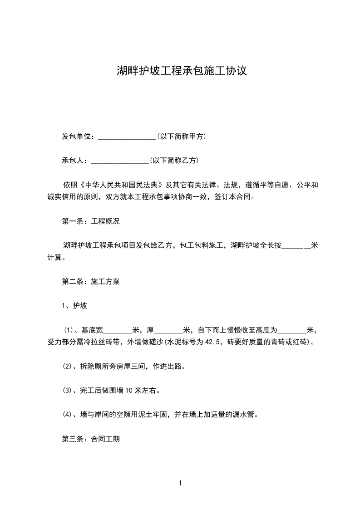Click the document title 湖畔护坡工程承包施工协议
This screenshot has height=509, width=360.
point(182,71)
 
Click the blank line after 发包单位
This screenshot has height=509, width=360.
point(127,137)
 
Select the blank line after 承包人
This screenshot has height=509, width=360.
point(119,161)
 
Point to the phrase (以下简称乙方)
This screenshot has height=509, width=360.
point(174,160)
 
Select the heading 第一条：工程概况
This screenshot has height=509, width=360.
point(91,222)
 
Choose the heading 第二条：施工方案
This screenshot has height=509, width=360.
point(91,281)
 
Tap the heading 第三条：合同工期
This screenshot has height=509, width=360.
point(91,439)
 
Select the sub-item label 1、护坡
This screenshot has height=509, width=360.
point(74,306)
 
